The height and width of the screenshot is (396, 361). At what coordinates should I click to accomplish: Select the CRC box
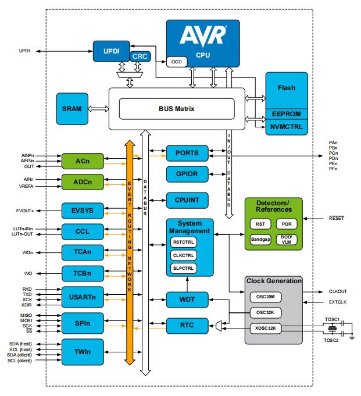click(x=140, y=56)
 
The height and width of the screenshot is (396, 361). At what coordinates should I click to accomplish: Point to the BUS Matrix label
click(x=176, y=108)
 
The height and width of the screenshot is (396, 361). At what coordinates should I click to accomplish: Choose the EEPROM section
click(x=285, y=113)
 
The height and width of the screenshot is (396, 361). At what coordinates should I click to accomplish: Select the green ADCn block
click(x=82, y=181)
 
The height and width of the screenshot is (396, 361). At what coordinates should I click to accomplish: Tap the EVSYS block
click(x=82, y=210)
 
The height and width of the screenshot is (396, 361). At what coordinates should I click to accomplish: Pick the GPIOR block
click(x=187, y=174)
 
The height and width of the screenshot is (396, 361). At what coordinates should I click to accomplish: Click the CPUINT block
click(x=187, y=200)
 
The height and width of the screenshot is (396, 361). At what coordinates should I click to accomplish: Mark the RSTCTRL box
click(x=184, y=242)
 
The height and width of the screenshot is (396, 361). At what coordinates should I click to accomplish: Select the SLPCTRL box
click(x=184, y=268)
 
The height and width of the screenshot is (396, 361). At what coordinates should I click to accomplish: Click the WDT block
click(x=187, y=300)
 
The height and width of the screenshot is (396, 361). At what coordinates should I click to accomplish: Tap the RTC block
click(x=187, y=326)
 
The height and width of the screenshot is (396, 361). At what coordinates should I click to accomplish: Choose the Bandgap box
click(x=260, y=238)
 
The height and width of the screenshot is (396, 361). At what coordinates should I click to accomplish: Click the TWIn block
click(x=82, y=352)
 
